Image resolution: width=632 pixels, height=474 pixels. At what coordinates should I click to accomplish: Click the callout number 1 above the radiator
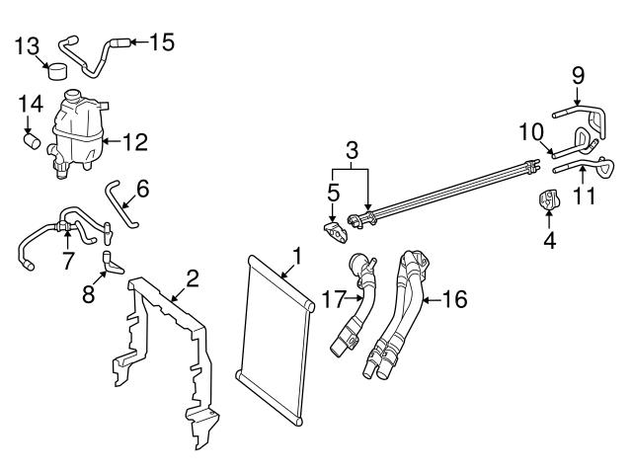coord(293,262)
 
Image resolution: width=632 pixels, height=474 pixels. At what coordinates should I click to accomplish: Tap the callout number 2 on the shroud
coord(192,277)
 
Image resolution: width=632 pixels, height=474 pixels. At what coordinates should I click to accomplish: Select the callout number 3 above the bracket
coord(351,150)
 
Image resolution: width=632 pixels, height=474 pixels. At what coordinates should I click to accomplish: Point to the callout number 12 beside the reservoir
coord(134,142)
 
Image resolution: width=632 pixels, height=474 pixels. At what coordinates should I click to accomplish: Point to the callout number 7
coord(67,261)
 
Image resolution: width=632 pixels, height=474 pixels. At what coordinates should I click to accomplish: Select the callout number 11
coord(586,196)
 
